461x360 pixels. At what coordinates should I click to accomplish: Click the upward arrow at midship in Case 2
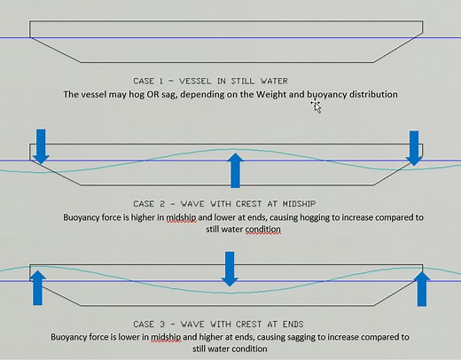(235, 168)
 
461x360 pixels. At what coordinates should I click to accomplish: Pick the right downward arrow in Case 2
(413, 147)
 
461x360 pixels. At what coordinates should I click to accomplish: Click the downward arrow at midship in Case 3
(230, 269)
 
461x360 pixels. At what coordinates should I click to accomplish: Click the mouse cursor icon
(315, 106)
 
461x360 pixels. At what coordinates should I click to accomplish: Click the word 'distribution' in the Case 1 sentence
(371, 94)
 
